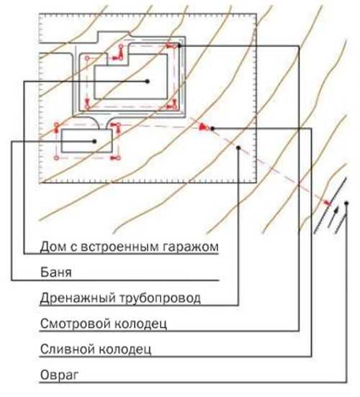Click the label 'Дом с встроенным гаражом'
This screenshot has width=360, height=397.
[130, 247]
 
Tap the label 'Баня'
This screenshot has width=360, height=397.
[55, 273]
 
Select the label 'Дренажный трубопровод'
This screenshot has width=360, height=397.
[120, 298]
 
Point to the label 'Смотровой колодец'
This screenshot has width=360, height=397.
[104, 324]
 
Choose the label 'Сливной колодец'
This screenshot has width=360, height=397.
[96, 350]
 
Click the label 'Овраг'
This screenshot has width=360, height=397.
[59, 375]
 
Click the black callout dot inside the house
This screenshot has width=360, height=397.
[148, 81]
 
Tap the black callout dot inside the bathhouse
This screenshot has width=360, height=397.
[94, 141]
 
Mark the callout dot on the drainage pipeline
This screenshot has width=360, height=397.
[238, 147]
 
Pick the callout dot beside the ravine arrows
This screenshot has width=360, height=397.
[346, 203]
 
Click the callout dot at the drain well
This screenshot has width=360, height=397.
[212, 129]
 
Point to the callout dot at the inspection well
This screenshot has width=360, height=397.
[179, 45]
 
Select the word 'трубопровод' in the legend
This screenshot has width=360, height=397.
[159, 298]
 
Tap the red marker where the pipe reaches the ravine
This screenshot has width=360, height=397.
[328, 203]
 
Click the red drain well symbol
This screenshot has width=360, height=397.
[204, 127]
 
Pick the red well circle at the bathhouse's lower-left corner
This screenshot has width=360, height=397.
[57, 158]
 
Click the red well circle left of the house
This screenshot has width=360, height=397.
[87, 58]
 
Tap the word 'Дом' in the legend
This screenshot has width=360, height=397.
[53, 246]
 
